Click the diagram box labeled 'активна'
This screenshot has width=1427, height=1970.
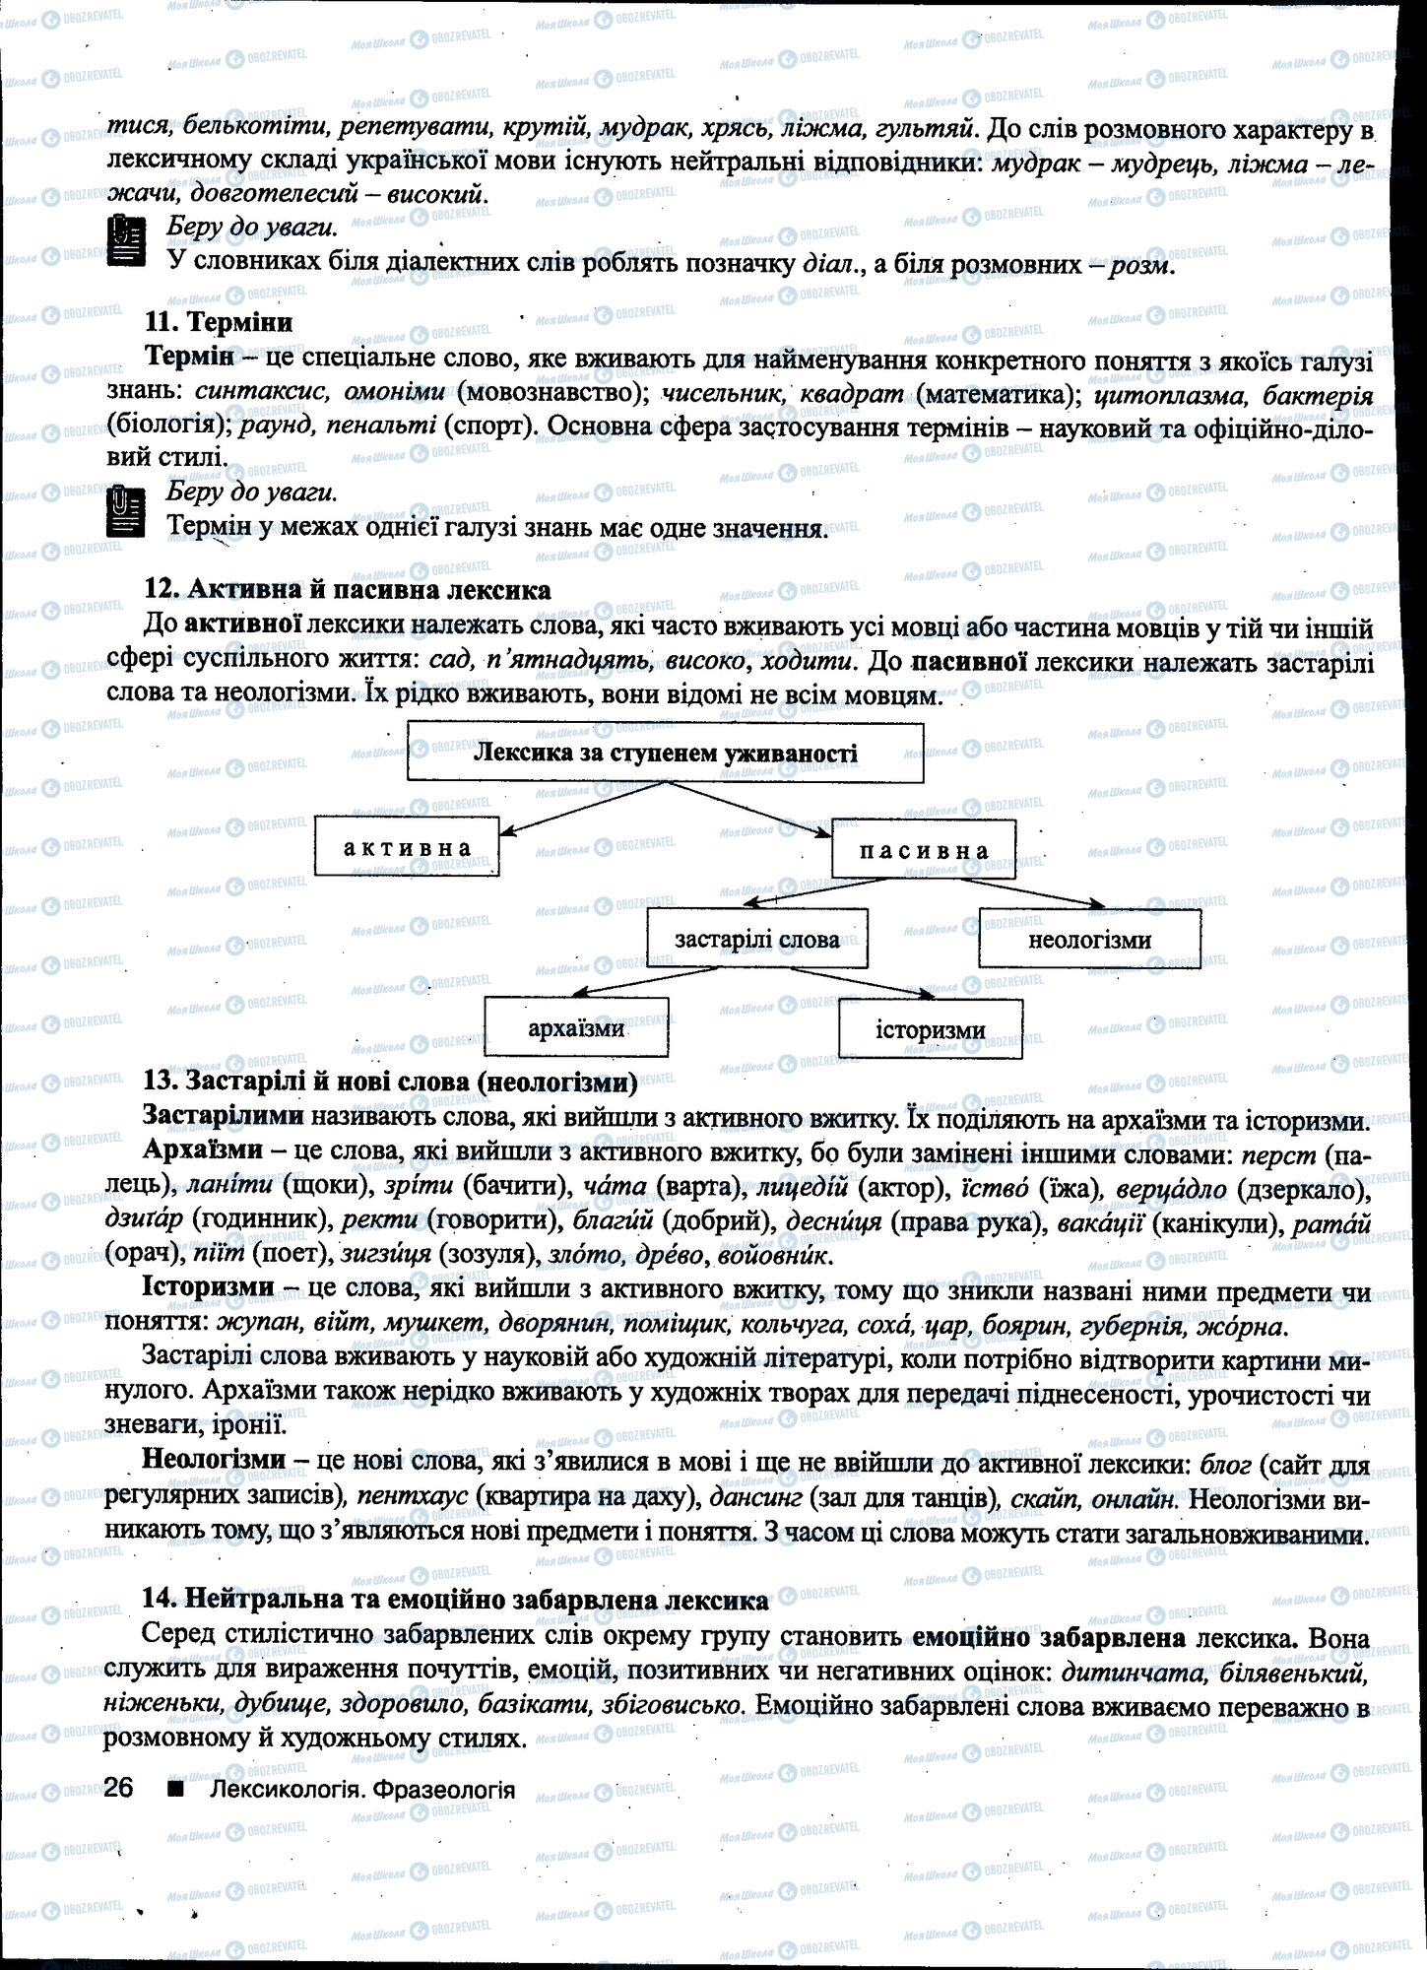pyautogui.click(x=407, y=848)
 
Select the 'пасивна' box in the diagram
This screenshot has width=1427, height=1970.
pyautogui.click(x=923, y=850)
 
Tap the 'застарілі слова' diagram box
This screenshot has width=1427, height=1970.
pyautogui.click(x=756, y=939)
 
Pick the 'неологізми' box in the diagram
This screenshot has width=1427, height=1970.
pyautogui.click(x=1089, y=939)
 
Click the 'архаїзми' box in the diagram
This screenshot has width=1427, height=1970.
pyautogui.click(x=576, y=1028)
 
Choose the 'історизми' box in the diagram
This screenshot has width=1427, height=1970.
pyautogui.click(x=930, y=1029)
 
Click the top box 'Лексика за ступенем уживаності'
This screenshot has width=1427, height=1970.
pyautogui.click(x=665, y=754)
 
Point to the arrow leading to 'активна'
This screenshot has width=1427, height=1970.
pyautogui.click(x=581, y=809)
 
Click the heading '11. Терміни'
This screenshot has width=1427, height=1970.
pyautogui.click(x=219, y=321)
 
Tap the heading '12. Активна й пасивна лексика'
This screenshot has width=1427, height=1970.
pyautogui.click(x=347, y=590)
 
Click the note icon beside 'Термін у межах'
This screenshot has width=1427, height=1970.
pyautogui.click(x=125, y=511)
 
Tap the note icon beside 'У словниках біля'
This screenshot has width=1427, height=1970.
pyautogui.click(x=125, y=242)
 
